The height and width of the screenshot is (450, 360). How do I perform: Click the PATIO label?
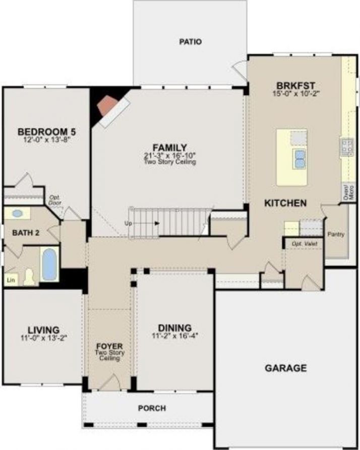(190, 42)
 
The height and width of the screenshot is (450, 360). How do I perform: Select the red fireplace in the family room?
(107, 105)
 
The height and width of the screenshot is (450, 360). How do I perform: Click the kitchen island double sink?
(299, 158)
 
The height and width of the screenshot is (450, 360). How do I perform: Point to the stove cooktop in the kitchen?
(347, 147)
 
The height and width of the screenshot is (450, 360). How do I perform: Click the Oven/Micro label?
(346, 193)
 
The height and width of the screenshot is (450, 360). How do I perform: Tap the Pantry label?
(336, 235)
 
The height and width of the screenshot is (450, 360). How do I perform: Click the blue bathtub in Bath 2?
(49, 263)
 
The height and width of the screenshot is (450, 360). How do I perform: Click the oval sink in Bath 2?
(17, 213)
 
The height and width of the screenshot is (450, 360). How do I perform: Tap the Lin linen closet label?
(10, 279)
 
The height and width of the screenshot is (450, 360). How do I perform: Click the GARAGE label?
(285, 368)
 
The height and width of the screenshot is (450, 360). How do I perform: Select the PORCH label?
(152, 408)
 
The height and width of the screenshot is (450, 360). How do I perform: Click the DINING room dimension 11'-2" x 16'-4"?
(175, 335)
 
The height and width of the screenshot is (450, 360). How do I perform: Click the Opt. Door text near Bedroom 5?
(55, 200)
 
